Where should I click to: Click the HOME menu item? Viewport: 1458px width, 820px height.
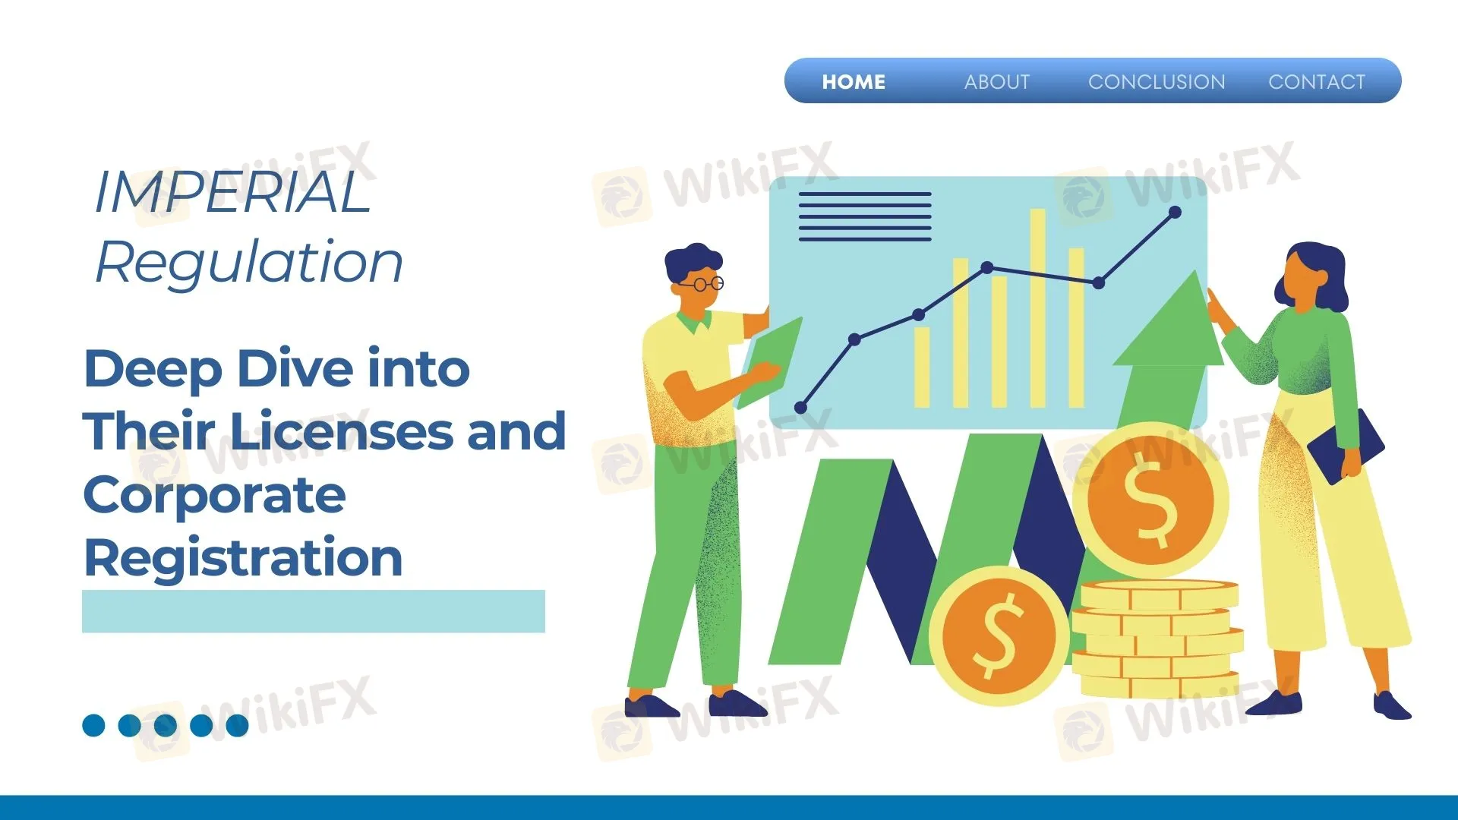[x=854, y=82]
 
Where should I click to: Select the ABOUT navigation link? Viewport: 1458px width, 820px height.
[x=997, y=82]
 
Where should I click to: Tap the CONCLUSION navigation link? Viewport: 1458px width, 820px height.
[x=1157, y=82]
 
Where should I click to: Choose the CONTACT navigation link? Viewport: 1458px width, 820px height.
[x=1317, y=82]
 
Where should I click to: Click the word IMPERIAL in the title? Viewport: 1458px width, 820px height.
[x=232, y=192]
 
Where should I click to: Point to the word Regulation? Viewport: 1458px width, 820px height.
[x=249, y=263]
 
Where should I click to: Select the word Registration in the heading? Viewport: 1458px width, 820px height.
[x=243, y=558]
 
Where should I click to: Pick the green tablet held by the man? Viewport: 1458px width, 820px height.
[x=770, y=363]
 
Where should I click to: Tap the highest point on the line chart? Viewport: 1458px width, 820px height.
[x=1175, y=213]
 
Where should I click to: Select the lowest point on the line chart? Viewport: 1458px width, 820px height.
[x=800, y=408]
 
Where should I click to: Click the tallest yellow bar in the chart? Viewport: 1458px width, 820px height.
[x=1037, y=308]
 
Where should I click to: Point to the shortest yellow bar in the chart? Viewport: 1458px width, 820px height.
[x=922, y=367]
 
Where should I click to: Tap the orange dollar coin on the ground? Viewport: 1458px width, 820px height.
[x=999, y=635]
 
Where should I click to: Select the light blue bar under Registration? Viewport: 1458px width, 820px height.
[x=314, y=611]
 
